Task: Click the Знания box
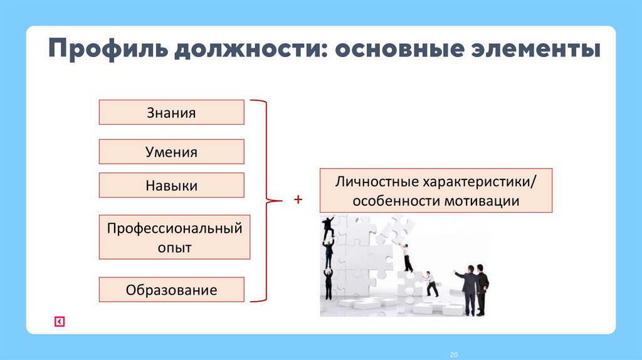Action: coord(171,113)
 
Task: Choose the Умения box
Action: coord(171,152)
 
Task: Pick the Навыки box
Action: coord(171,186)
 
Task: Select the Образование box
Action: coord(171,290)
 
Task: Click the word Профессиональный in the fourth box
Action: coord(174,228)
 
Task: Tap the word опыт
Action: coord(174,247)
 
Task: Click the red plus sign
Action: coord(298,200)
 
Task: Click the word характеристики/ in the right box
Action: coord(479,181)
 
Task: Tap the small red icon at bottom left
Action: coord(59,322)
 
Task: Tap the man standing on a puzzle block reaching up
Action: coord(406,257)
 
